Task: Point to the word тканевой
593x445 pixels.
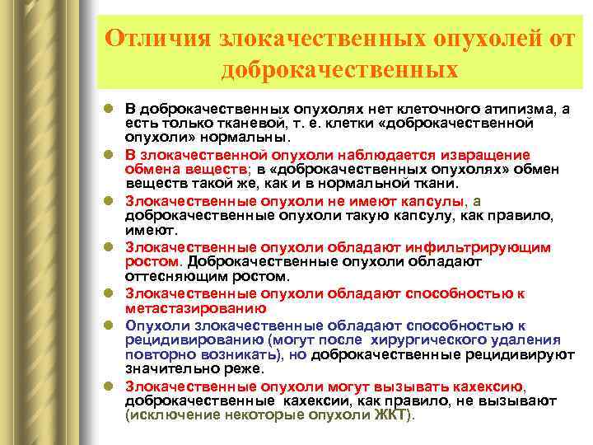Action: pyautogui.click(x=226, y=122)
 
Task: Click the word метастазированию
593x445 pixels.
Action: pyautogui.click(x=196, y=309)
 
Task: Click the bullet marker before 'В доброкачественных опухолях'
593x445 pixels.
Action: pyautogui.click(x=110, y=109)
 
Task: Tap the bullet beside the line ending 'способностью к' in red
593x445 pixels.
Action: pyautogui.click(x=110, y=293)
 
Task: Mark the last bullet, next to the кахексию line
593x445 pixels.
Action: pyautogui.click(x=110, y=385)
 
